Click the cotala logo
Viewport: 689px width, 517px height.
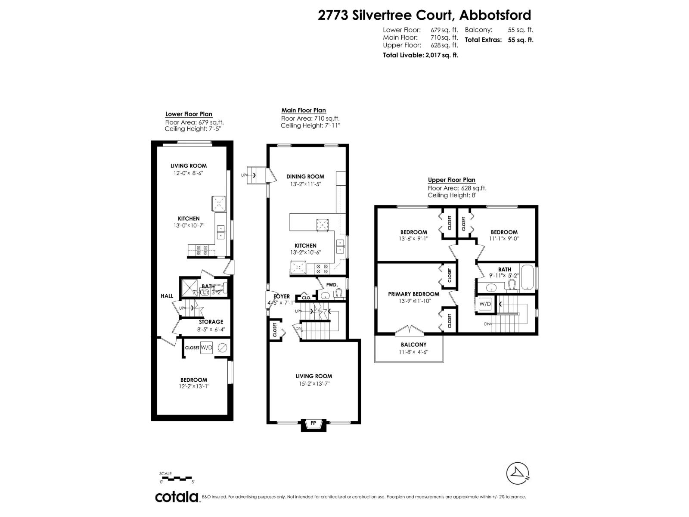177,497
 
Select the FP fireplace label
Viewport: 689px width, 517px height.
313,423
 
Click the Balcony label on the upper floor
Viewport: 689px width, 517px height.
413,345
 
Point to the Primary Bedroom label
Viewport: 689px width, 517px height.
413,294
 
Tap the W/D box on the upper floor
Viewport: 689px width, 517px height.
485,304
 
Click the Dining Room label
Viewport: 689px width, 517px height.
305,176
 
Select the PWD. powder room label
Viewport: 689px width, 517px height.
332,285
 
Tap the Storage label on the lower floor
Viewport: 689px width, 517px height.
211,322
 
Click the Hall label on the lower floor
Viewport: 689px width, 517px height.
167,296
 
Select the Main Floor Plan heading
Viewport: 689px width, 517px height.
304,111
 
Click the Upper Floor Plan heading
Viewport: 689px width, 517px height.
452,180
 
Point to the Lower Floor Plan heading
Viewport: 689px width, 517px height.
189,114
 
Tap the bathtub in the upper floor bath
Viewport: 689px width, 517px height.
528,277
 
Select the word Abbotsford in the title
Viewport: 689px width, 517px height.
495,15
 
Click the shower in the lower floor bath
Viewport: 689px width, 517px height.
189,287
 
